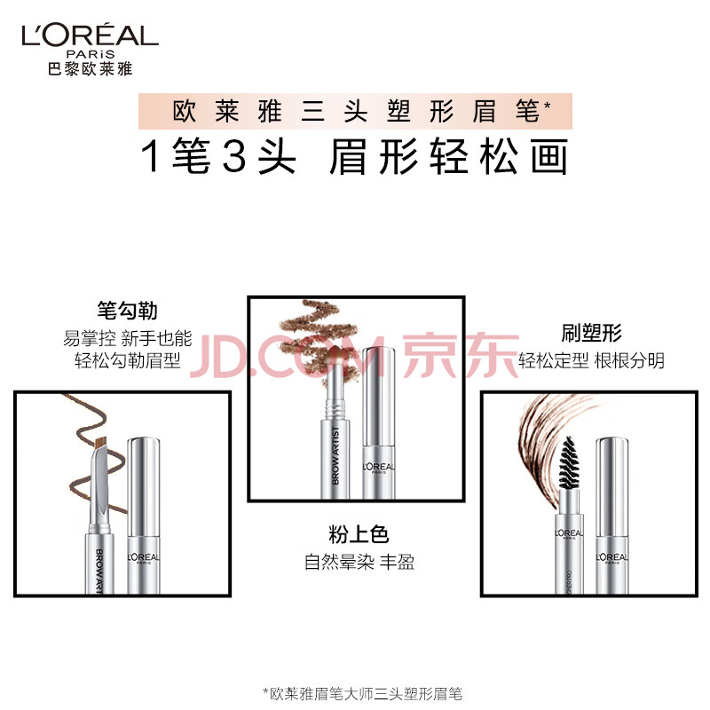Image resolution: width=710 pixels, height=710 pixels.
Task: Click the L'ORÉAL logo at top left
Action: click(x=91, y=35)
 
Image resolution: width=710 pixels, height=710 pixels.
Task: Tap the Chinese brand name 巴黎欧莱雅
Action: click(x=91, y=69)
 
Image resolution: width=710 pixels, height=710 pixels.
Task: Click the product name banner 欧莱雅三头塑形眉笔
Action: click(x=356, y=112)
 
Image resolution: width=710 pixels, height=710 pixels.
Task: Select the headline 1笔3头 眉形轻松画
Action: click(x=354, y=157)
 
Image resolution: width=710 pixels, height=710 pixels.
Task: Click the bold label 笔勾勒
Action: click(x=127, y=311)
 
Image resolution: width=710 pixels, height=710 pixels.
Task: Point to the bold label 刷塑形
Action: click(x=591, y=334)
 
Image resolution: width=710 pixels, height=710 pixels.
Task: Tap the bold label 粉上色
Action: click(x=359, y=534)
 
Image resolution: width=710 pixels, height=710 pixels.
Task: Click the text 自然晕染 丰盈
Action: click(x=359, y=562)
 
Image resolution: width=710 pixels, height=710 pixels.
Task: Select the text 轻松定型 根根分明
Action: click(x=591, y=361)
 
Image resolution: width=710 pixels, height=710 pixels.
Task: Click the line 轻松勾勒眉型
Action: click(x=128, y=360)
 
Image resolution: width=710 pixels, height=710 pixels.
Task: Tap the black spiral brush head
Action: click(x=569, y=462)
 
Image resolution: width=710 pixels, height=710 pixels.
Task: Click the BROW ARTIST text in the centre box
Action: click(x=335, y=455)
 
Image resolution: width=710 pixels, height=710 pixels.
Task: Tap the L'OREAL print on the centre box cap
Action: click(x=379, y=467)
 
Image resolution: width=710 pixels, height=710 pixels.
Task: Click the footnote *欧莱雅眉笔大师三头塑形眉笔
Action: click(x=363, y=694)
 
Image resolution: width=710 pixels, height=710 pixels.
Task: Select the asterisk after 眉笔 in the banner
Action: click(x=547, y=106)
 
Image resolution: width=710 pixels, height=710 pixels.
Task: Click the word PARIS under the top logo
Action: click(x=91, y=54)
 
